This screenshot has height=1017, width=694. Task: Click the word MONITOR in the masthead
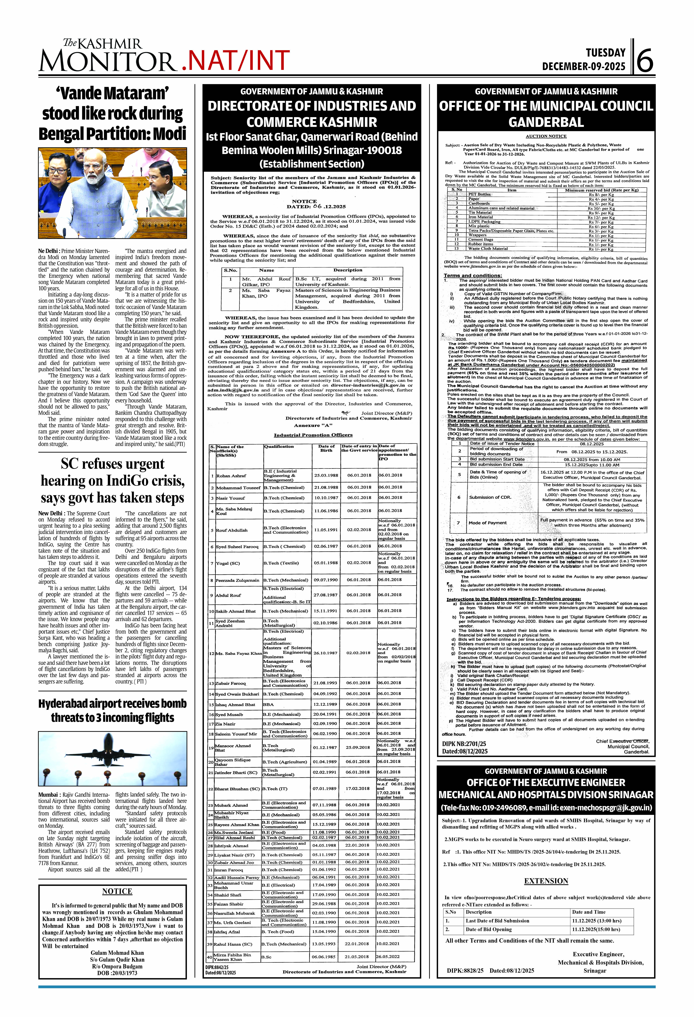(x=107, y=61)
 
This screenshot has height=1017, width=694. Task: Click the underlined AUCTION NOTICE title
(x=546, y=136)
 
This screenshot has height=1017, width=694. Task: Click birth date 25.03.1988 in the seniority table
(x=326, y=475)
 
